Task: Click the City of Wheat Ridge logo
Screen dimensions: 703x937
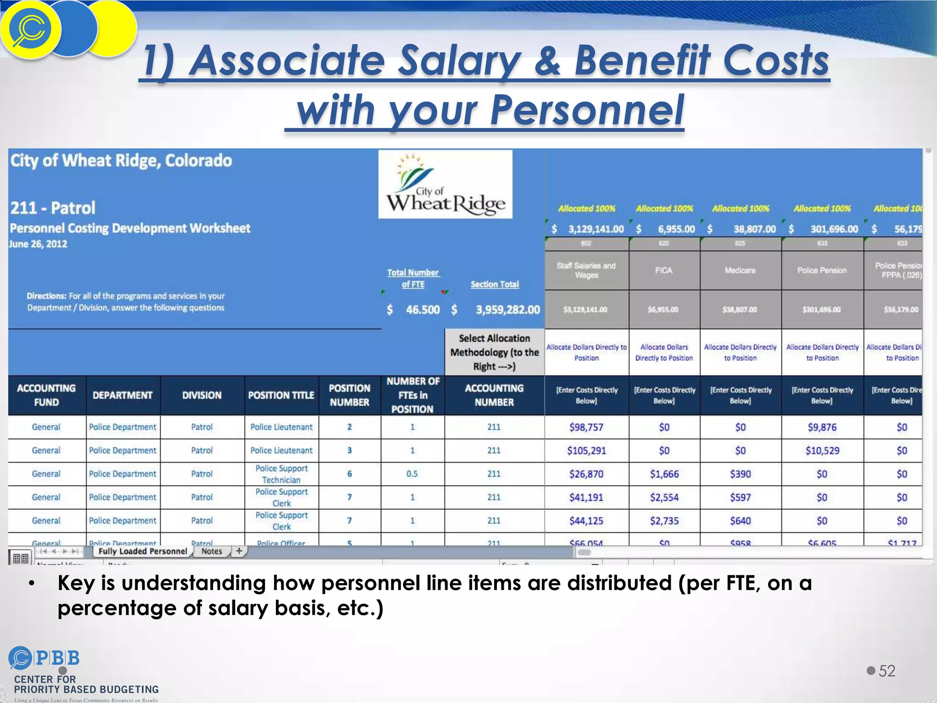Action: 445,184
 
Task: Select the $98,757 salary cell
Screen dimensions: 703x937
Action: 586,427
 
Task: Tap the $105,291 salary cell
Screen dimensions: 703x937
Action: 586,451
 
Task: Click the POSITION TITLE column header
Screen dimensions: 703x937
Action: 281,395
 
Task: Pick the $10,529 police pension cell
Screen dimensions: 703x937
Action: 822,451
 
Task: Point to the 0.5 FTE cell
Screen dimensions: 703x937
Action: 412,474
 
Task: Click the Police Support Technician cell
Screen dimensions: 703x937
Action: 281,474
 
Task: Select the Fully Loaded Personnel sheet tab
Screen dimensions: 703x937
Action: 143,552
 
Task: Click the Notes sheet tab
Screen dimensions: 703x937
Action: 211,552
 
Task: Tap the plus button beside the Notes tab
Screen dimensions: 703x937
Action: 239,551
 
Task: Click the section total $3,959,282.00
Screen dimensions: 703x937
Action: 507,310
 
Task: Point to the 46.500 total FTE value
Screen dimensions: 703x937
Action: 422,310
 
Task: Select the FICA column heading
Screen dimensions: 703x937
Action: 663,270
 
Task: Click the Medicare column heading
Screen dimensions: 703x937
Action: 740,270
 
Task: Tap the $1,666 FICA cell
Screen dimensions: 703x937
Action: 664,474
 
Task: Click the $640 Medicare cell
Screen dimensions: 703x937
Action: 740,521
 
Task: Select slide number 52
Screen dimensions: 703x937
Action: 887,671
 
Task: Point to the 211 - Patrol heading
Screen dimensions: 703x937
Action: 53,208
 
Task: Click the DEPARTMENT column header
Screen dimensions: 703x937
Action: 123,395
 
